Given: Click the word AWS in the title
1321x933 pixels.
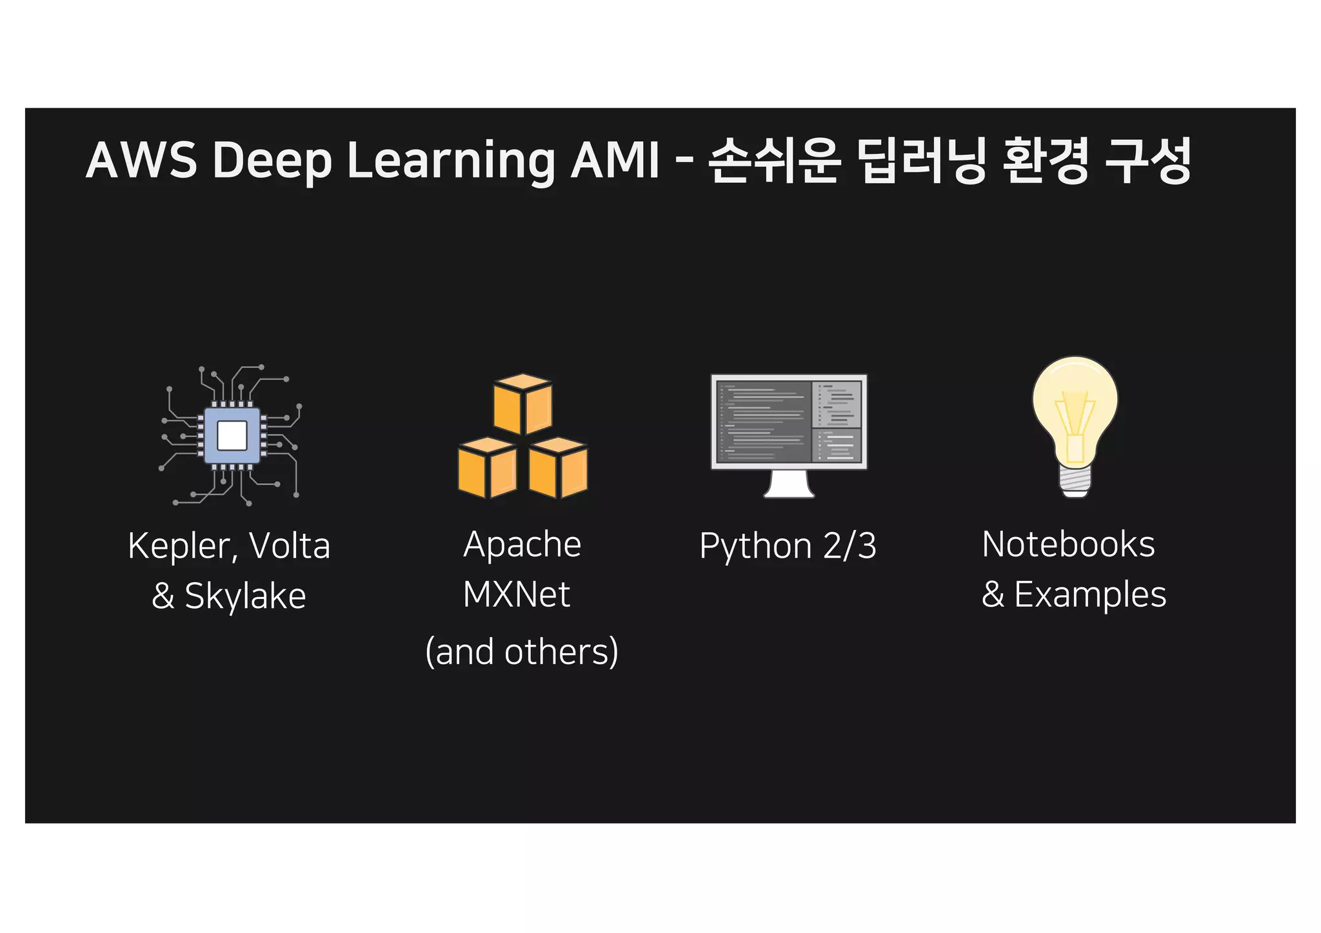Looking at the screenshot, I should click(x=141, y=160).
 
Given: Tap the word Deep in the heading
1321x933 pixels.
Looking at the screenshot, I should click(x=272, y=161).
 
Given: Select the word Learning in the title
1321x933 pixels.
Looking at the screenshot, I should click(x=451, y=161).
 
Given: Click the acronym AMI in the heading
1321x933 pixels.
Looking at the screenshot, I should click(x=615, y=160).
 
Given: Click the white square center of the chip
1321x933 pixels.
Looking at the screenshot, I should click(x=232, y=435).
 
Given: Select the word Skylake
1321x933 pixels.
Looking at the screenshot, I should click(x=245, y=596).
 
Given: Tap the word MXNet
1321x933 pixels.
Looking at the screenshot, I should click(x=517, y=594).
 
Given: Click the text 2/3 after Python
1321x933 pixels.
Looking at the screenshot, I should click(x=849, y=546).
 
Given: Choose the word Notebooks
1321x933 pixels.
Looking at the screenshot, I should click(x=1068, y=544).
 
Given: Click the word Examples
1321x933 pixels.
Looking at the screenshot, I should click(x=1090, y=594).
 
